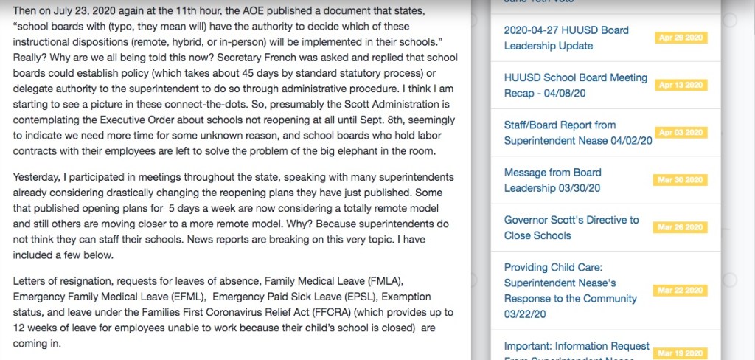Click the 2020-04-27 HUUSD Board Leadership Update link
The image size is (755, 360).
click(566, 38)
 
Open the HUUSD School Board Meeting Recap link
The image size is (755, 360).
click(575, 85)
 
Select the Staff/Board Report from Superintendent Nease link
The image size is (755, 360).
click(577, 133)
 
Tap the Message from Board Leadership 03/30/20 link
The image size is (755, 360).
click(552, 180)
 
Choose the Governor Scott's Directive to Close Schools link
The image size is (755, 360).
click(571, 227)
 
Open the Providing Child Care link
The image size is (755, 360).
click(570, 283)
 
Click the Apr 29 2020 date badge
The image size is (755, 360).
click(681, 38)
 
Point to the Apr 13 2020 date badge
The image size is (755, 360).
click(681, 85)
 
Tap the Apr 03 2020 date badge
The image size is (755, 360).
click(681, 133)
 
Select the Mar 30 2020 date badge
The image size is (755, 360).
click(681, 180)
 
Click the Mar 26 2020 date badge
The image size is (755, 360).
click(681, 227)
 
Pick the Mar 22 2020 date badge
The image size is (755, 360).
click(681, 290)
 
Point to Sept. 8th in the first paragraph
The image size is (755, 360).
click(356, 120)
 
